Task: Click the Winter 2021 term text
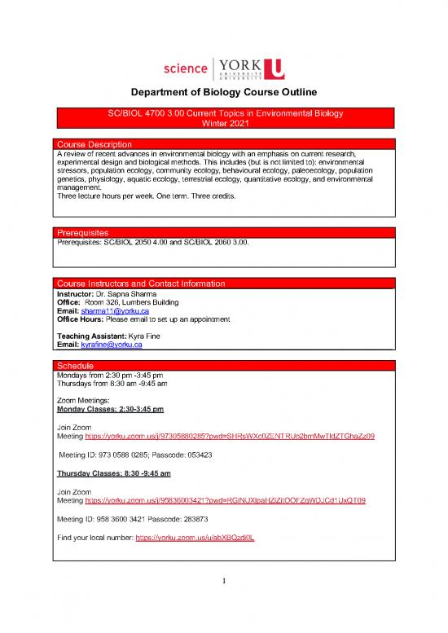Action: (x=223, y=123)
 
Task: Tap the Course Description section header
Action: (x=90, y=144)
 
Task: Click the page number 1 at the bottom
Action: (x=223, y=604)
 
